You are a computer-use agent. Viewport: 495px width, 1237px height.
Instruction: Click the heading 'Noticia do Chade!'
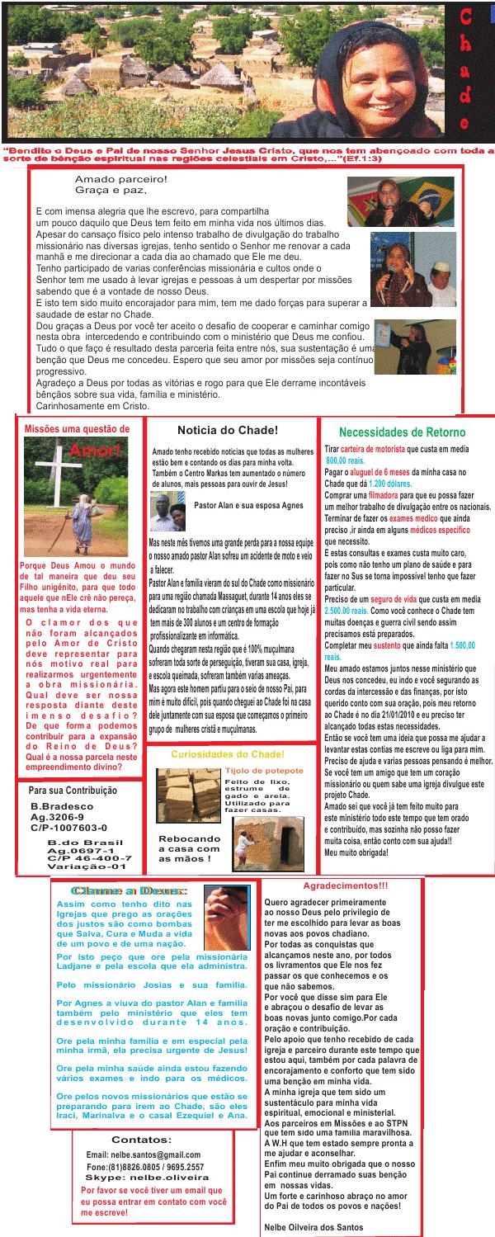click(228, 430)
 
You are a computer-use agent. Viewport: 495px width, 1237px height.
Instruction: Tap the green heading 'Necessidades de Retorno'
click(402, 432)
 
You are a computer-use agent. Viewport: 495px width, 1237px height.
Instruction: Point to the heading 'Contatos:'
click(141, 1140)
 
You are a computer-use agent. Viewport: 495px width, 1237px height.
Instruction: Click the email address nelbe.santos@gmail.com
click(144, 1154)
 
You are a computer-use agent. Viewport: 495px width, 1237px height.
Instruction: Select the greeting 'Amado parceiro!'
click(120, 179)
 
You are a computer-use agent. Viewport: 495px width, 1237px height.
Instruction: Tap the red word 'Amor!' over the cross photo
click(96, 450)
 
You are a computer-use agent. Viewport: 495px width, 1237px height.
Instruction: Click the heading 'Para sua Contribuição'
click(72, 790)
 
